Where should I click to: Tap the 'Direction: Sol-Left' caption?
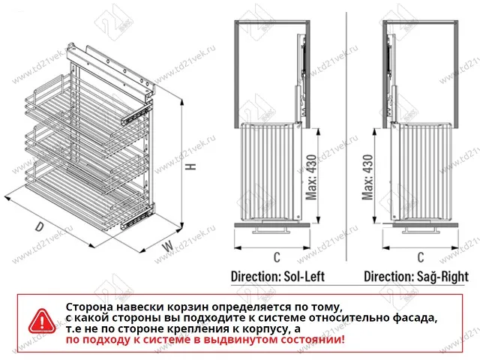coord(277,276)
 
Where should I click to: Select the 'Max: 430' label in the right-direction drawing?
coord(369,180)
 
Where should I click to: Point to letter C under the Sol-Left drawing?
coord(277,257)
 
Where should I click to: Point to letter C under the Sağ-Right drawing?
coord(419,257)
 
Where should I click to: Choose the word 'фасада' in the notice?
coord(413,319)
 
